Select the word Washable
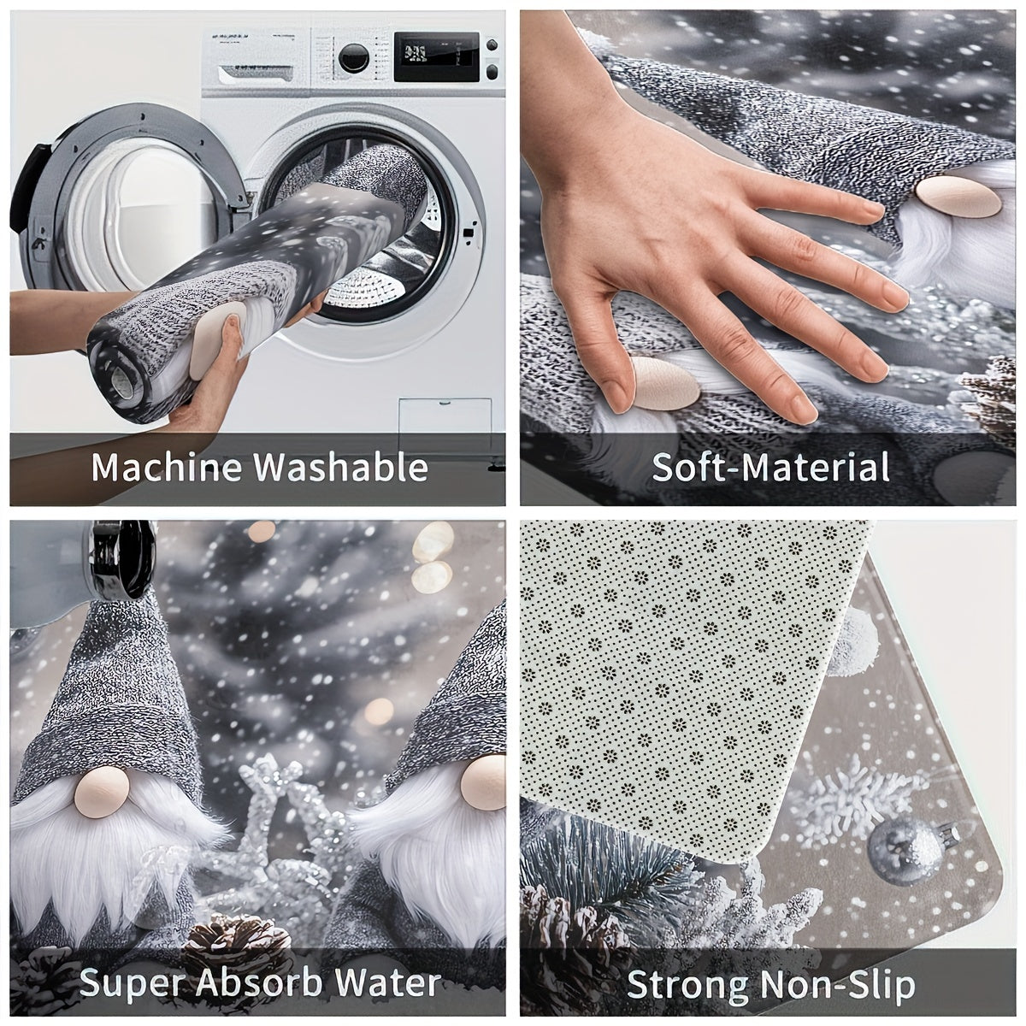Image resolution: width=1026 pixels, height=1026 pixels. coord(341,467)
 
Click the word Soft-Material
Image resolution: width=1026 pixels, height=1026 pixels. coord(770,467)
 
